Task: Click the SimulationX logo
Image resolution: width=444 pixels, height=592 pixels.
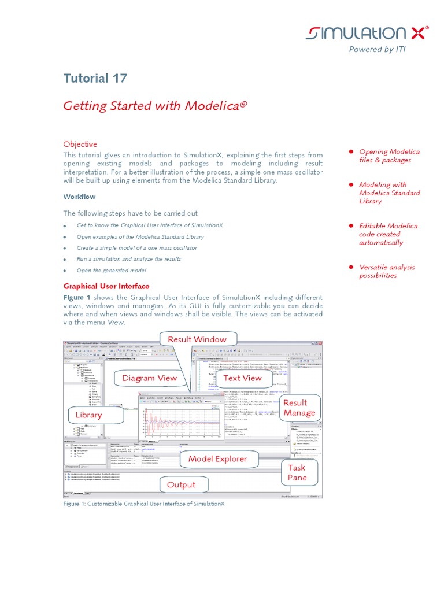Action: point(367,33)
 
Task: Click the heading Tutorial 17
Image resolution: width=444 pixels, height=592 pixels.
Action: point(95,79)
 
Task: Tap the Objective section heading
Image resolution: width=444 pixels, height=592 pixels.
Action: point(80,144)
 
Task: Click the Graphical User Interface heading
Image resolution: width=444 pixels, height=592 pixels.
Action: point(106,286)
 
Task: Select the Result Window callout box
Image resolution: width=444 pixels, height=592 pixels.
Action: point(197,339)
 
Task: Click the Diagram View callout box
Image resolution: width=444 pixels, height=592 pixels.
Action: point(149,378)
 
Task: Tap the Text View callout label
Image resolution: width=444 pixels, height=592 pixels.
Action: point(243,378)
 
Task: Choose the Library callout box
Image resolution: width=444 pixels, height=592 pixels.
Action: point(88,415)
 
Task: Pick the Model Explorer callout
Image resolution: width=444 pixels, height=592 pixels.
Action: point(217,459)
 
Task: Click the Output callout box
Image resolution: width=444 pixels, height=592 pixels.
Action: point(181,484)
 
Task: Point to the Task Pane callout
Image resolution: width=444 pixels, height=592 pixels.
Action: point(297,472)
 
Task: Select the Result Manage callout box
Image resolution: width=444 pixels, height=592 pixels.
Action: point(299,408)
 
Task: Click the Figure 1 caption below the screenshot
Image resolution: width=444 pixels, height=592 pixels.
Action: point(143,504)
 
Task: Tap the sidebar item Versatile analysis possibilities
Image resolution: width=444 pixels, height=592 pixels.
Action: point(386,271)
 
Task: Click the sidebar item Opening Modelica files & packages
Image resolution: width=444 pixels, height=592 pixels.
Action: point(389,156)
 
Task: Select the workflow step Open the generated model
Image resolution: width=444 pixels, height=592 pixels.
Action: point(111,270)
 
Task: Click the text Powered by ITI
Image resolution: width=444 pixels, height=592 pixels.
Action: point(377,49)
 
